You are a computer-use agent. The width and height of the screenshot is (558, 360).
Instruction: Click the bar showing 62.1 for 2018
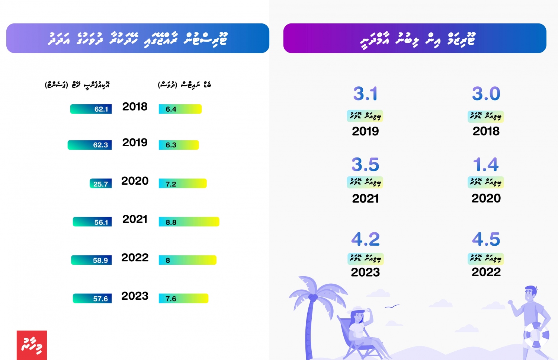[91, 109]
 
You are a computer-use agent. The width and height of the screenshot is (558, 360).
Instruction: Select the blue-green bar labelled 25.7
[100, 184]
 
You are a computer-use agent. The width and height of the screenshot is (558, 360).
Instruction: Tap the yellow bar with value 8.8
[189, 222]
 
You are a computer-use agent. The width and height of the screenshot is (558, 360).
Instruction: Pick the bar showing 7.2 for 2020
[182, 184]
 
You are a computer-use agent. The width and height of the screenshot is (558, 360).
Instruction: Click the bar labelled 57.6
[92, 299]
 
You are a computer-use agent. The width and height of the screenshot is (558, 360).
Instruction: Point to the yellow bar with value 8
[187, 260]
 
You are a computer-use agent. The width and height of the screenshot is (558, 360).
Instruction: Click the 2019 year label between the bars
[135, 143]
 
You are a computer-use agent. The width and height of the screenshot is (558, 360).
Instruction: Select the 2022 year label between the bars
[135, 258]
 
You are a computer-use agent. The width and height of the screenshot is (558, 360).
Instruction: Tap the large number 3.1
[365, 93]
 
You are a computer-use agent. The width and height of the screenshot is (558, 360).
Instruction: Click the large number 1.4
[486, 165]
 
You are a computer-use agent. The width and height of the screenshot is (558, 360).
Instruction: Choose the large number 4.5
[486, 239]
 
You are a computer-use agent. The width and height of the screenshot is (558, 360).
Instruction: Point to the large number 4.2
[365, 239]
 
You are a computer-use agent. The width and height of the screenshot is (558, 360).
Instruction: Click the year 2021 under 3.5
[365, 198]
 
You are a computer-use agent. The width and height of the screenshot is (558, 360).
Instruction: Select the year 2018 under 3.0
[486, 131]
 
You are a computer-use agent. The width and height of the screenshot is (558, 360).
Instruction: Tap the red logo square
[32, 345]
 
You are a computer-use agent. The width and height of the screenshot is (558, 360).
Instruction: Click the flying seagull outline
[392, 306]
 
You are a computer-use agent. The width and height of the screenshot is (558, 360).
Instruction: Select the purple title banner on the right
[414, 38]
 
